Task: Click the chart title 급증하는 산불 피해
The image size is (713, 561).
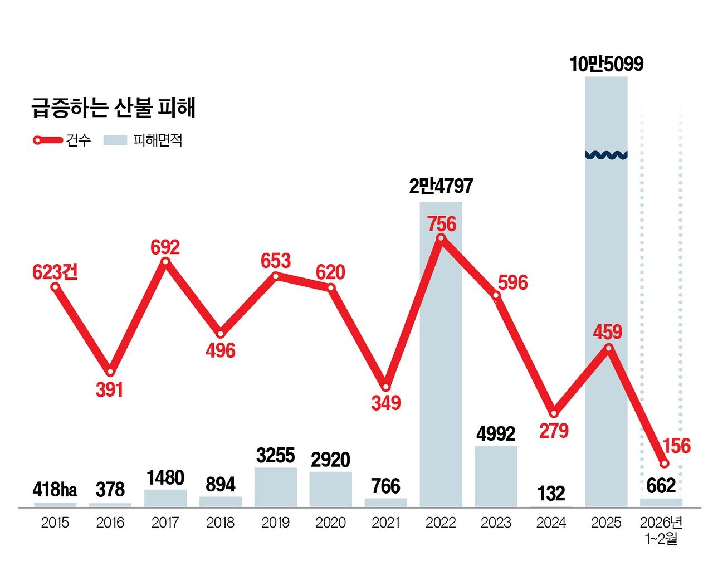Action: [113, 108]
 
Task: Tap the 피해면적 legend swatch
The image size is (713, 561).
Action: [115, 140]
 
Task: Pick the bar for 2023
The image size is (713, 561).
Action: [496, 476]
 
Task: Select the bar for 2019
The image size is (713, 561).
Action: [275, 487]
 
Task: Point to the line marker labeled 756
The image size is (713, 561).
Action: [441, 238]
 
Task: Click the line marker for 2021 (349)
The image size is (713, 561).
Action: [385, 387]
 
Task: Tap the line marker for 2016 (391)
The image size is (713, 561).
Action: [110, 372]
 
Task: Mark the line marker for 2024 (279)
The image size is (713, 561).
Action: [554, 413]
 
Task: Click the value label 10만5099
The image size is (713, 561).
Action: [606, 64]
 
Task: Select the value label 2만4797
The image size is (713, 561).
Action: [441, 186]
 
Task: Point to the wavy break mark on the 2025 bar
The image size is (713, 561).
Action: [606, 155]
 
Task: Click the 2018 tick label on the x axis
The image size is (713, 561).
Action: [220, 523]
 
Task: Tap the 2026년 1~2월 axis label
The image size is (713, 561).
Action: [661, 530]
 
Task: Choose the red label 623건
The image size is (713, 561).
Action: [55, 272]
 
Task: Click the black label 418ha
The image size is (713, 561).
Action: [55, 490]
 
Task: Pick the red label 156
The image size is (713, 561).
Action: [676, 446]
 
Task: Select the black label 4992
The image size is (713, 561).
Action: [496, 433]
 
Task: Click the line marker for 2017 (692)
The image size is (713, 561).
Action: [165, 261]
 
